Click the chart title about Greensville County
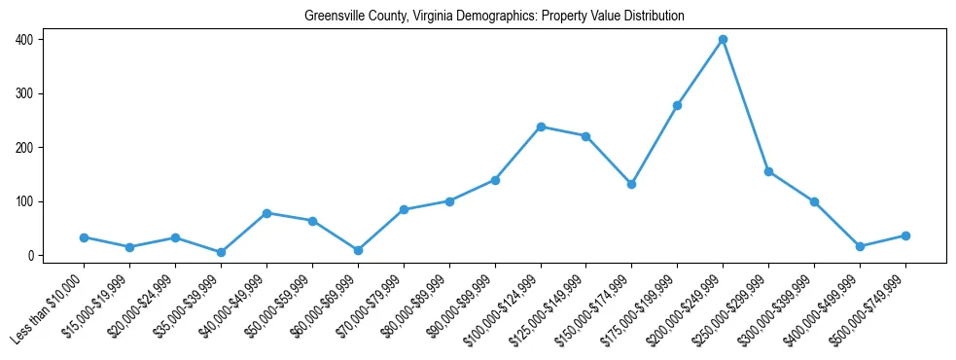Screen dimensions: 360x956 pyautogui.click(x=494, y=17)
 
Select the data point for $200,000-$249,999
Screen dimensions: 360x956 pyautogui.click(x=723, y=40)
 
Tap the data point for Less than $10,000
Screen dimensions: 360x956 pyautogui.click(x=84, y=237)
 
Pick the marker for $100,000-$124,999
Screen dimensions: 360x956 pyautogui.click(x=541, y=126)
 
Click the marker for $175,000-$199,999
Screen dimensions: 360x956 pyautogui.click(x=677, y=105)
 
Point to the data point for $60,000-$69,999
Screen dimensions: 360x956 pyautogui.click(x=358, y=250)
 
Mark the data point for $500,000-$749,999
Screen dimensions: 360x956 pyautogui.click(x=905, y=235)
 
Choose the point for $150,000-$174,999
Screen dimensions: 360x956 pyautogui.click(x=631, y=184)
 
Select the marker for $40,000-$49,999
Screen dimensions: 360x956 pyautogui.click(x=266, y=213)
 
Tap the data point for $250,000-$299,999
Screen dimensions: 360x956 pyautogui.click(x=768, y=171)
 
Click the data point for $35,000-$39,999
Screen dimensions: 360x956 pyautogui.click(x=221, y=252)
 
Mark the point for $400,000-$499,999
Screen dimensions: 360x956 pyautogui.click(x=860, y=247)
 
